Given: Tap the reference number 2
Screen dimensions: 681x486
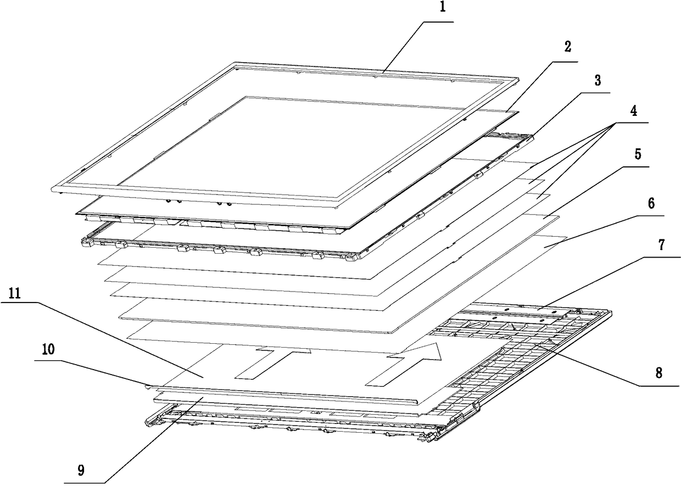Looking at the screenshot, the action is [x=567, y=47].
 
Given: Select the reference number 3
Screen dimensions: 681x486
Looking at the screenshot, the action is [x=597, y=81].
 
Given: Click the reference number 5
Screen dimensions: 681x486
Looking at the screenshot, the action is [x=637, y=154].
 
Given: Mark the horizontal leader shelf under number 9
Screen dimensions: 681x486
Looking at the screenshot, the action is [x=88, y=482].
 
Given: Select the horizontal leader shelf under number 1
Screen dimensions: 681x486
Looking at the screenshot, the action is [x=438, y=21].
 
